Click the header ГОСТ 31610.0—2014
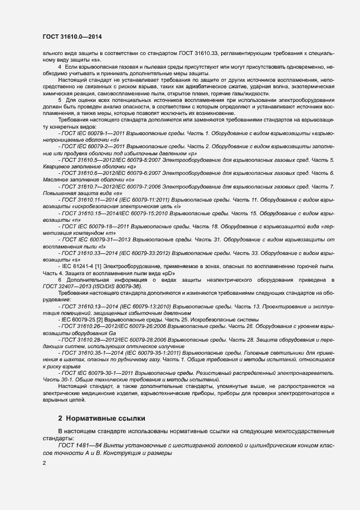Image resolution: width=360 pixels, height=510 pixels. click(72, 37)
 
